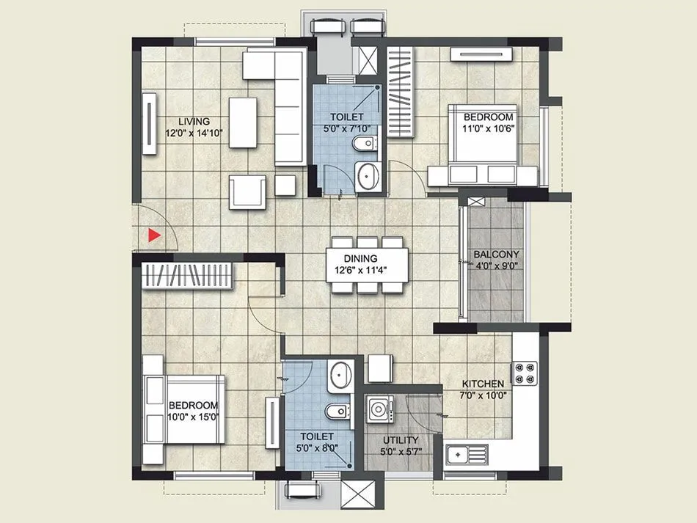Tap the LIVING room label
click(194, 121)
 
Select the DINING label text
click(360, 258)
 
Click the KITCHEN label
click(482, 384)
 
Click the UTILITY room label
click(401, 440)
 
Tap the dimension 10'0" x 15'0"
click(194, 417)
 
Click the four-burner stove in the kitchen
click(525, 373)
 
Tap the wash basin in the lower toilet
click(340, 375)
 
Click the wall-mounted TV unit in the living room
click(150, 123)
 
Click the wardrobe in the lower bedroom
click(187, 276)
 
